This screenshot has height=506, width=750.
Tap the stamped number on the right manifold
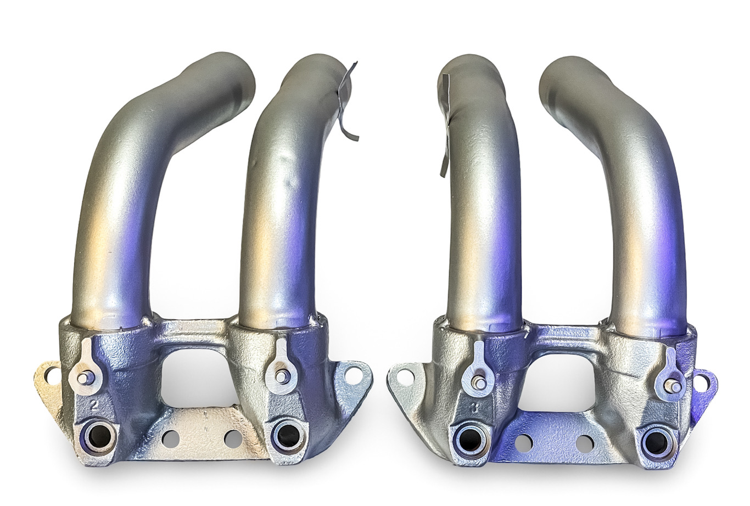[x=473, y=408]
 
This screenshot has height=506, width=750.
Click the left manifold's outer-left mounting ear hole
[x=51, y=375]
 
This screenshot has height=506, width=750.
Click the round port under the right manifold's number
[x=471, y=438]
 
